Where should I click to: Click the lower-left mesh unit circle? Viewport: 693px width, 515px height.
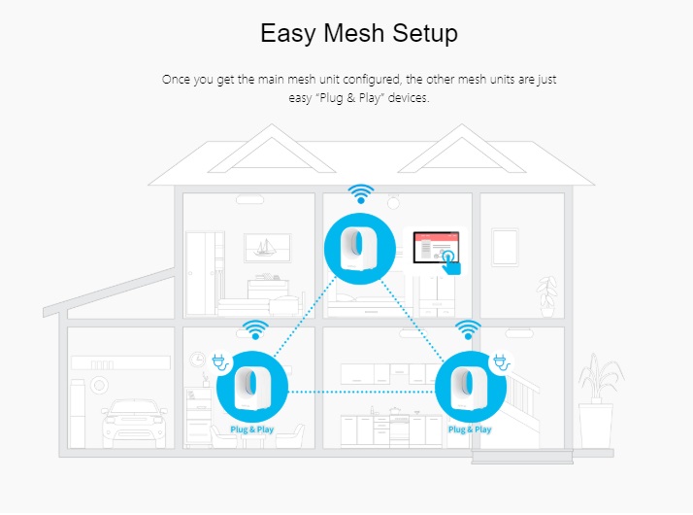click(251, 385)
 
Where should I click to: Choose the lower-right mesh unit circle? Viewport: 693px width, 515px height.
click(470, 385)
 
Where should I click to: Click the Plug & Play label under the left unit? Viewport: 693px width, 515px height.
click(251, 429)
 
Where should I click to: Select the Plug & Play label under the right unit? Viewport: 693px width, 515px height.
click(470, 429)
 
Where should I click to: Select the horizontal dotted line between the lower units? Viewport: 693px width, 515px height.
click(361, 392)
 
